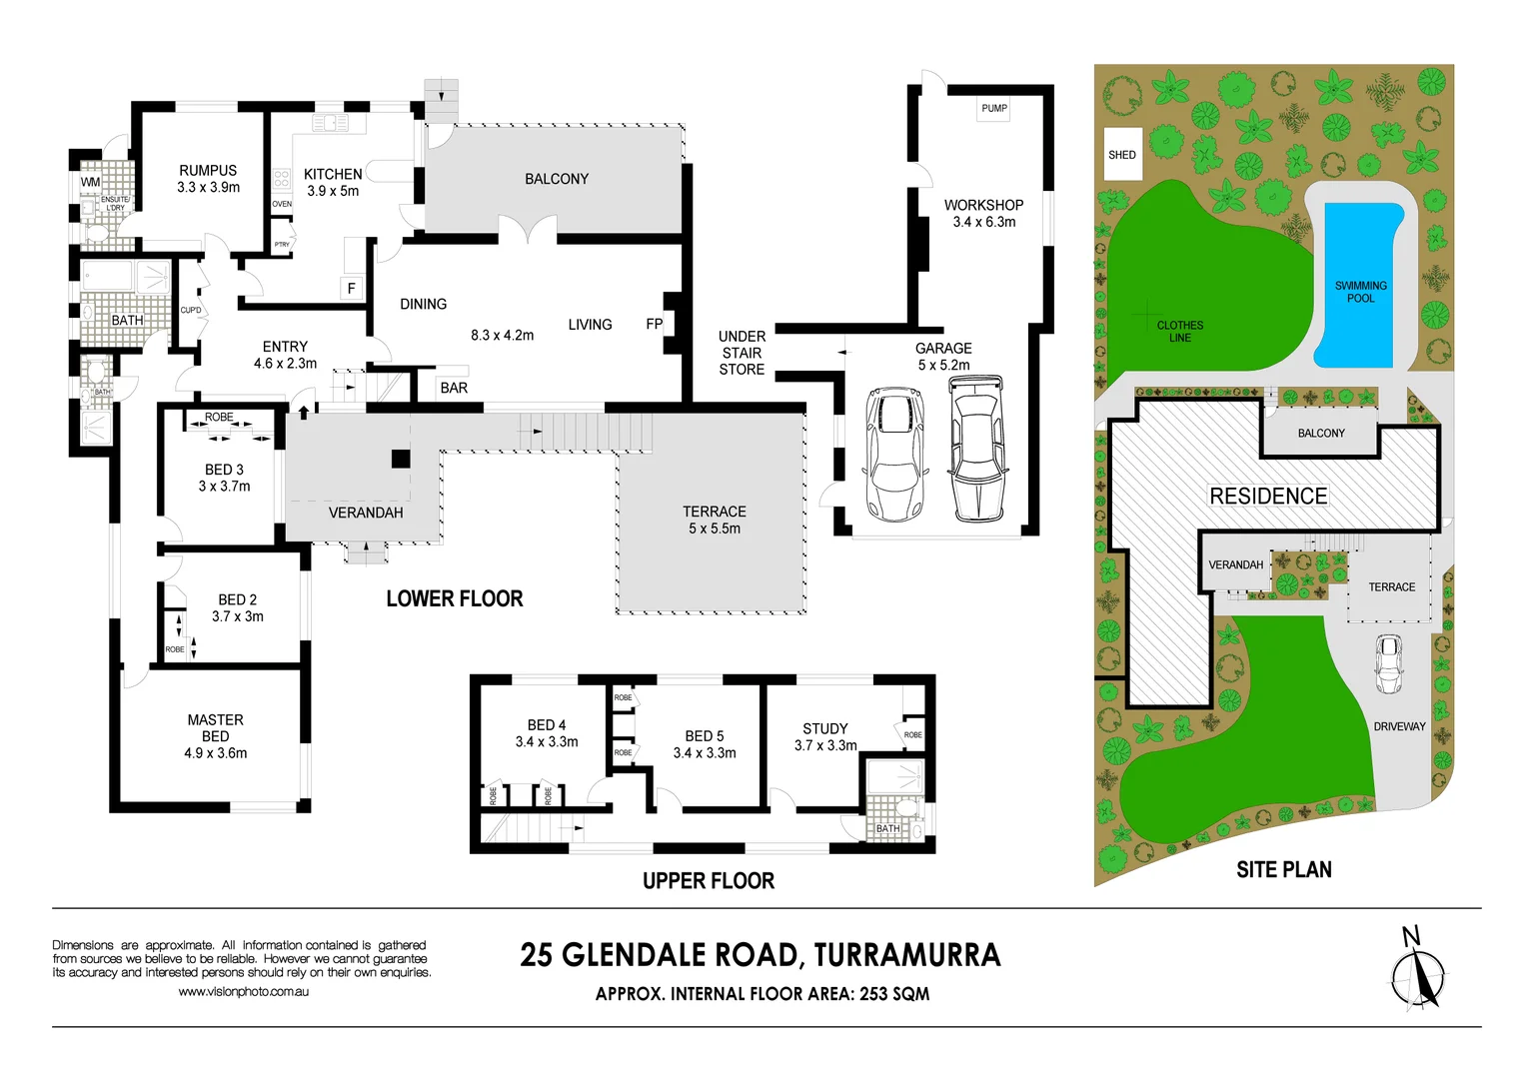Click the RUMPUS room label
[208, 171]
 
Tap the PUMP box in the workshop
[993, 108]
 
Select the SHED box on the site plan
[1122, 155]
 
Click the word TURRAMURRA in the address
[906, 955]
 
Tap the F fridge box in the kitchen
[351, 288]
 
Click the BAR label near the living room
[454, 388]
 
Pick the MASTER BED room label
[215, 727]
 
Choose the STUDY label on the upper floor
[824, 728]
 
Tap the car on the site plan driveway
[1388, 663]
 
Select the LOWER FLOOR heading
[455, 598]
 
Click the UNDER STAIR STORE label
[742, 353]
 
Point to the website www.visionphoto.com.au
[243, 992]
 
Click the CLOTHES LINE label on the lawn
[1179, 331]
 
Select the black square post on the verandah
[400, 459]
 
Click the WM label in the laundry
[90, 182]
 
